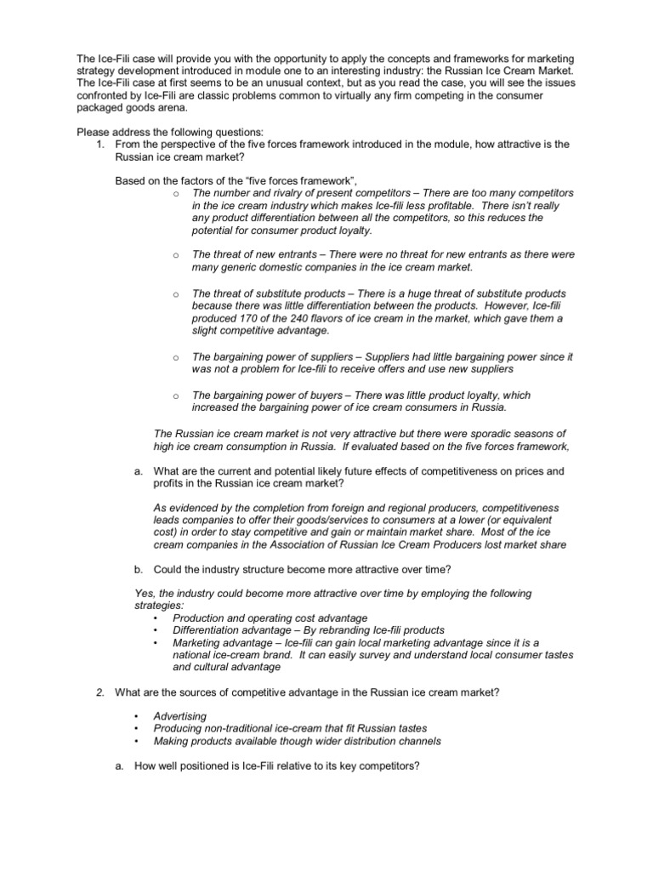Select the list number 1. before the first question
[x=99, y=145]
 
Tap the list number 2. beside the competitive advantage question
[x=99, y=693]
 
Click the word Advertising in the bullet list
[x=180, y=717]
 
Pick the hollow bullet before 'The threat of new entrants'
[x=173, y=255]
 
